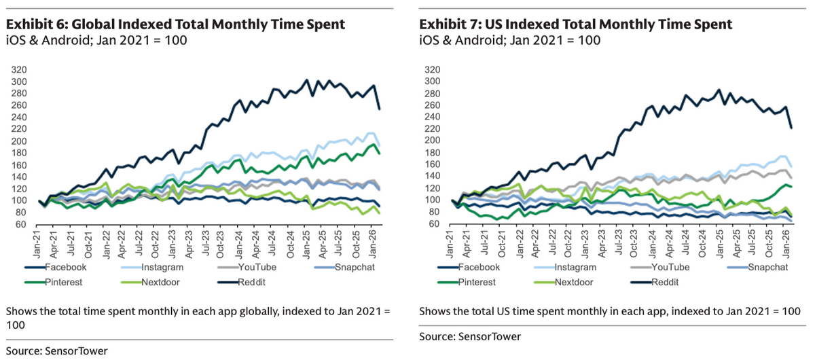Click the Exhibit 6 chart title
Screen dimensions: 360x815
click(175, 24)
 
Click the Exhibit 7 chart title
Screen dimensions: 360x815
click(576, 24)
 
